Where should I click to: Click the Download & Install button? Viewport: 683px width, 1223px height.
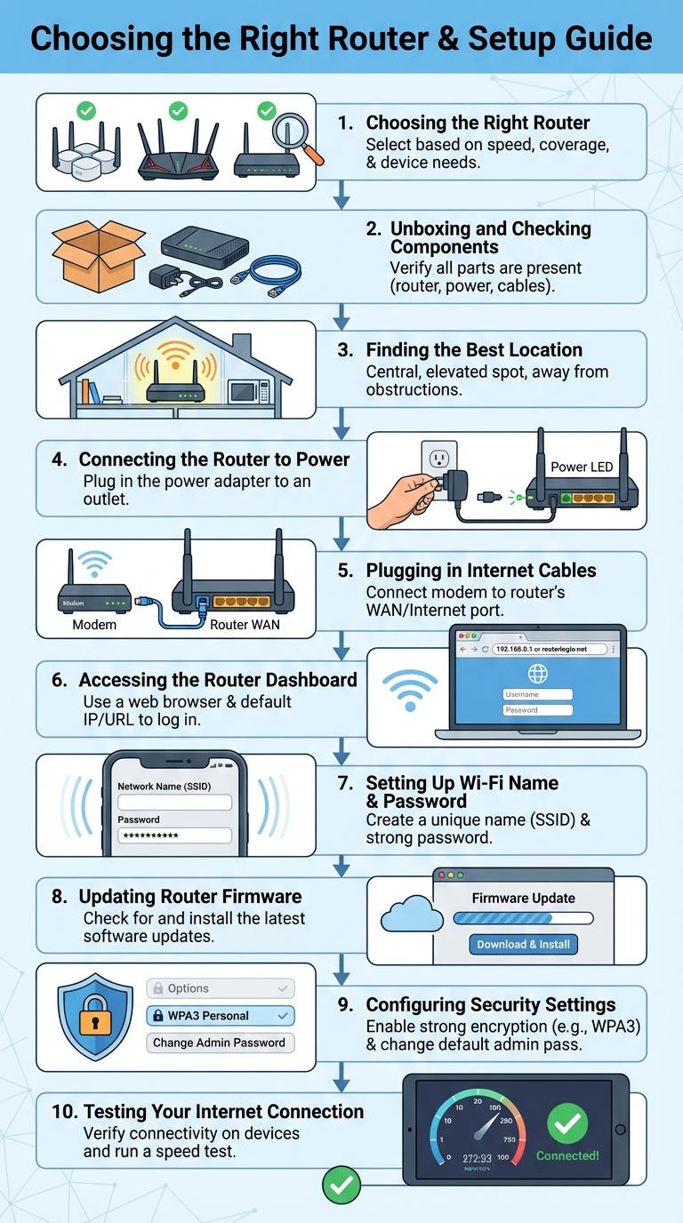(x=523, y=944)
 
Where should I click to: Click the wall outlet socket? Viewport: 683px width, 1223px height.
(x=438, y=460)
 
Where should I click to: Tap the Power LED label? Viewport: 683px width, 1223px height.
(x=581, y=467)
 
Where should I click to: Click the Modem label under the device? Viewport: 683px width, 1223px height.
(x=94, y=625)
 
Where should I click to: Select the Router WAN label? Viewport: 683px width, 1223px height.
(x=245, y=625)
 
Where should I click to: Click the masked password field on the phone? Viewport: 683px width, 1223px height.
(x=174, y=835)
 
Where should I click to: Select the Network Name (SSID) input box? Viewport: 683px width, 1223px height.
(x=174, y=802)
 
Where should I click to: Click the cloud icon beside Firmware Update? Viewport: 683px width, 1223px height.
(x=411, y=916)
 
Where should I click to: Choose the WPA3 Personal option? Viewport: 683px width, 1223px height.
(x=220, y=1015)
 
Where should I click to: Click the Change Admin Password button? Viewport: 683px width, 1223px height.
(x=220, y=1043)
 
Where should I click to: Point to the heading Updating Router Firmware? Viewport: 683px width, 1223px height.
(x=189, y=897)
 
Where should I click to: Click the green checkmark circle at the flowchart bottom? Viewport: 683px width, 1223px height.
(x=341, y=1185)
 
